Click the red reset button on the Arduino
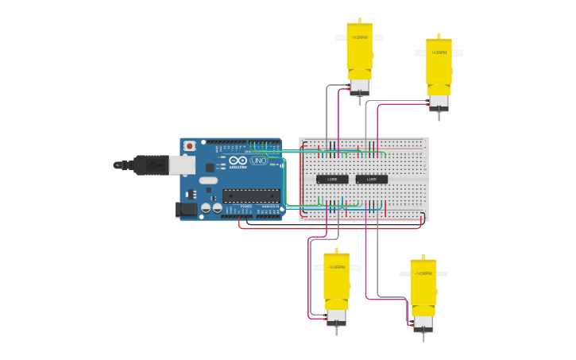click(x=189, y=146)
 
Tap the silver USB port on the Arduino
click(x=182, y=165)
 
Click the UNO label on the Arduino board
click(x=258, y=161)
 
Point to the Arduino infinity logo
click(x=238, y=161)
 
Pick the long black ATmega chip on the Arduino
click(x=250, y=195)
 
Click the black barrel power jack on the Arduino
click(x=186, y=209)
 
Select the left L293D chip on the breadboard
click(x=332, y=180)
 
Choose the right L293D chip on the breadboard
click(x=372, y=180)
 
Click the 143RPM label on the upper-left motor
click(x=360, y=37)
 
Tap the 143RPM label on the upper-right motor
click(x=439, y=52)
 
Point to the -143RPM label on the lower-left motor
click(x=336, y=267)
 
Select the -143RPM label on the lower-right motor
click(x=423, y=273)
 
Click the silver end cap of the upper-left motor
click(x=360, y=87)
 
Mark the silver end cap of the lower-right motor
click(x=423, y=323)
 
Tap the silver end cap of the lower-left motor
click(x=336, y=316)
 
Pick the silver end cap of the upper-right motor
click(x=439, y=103)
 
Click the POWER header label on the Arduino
click(x=245, y=207)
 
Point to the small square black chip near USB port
click(x=210, y=168)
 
